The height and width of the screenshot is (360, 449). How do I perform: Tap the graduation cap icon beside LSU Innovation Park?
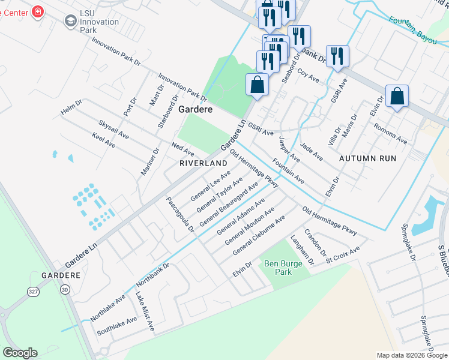coord(70,22)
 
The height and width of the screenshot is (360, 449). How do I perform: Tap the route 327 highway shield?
coord(34,291)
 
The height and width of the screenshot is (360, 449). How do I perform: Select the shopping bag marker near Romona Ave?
coord(397,96)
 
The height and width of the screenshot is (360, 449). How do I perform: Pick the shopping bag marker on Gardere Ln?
coord(257,85)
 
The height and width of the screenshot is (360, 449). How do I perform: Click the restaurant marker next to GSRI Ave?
coord(337,57)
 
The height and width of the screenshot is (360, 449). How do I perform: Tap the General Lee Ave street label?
coord(209,186)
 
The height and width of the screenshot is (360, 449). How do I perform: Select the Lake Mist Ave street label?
coord(145,311)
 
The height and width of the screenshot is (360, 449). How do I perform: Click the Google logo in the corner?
coord(20,353)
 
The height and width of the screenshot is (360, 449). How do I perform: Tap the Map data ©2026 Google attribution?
coord(411,355)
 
